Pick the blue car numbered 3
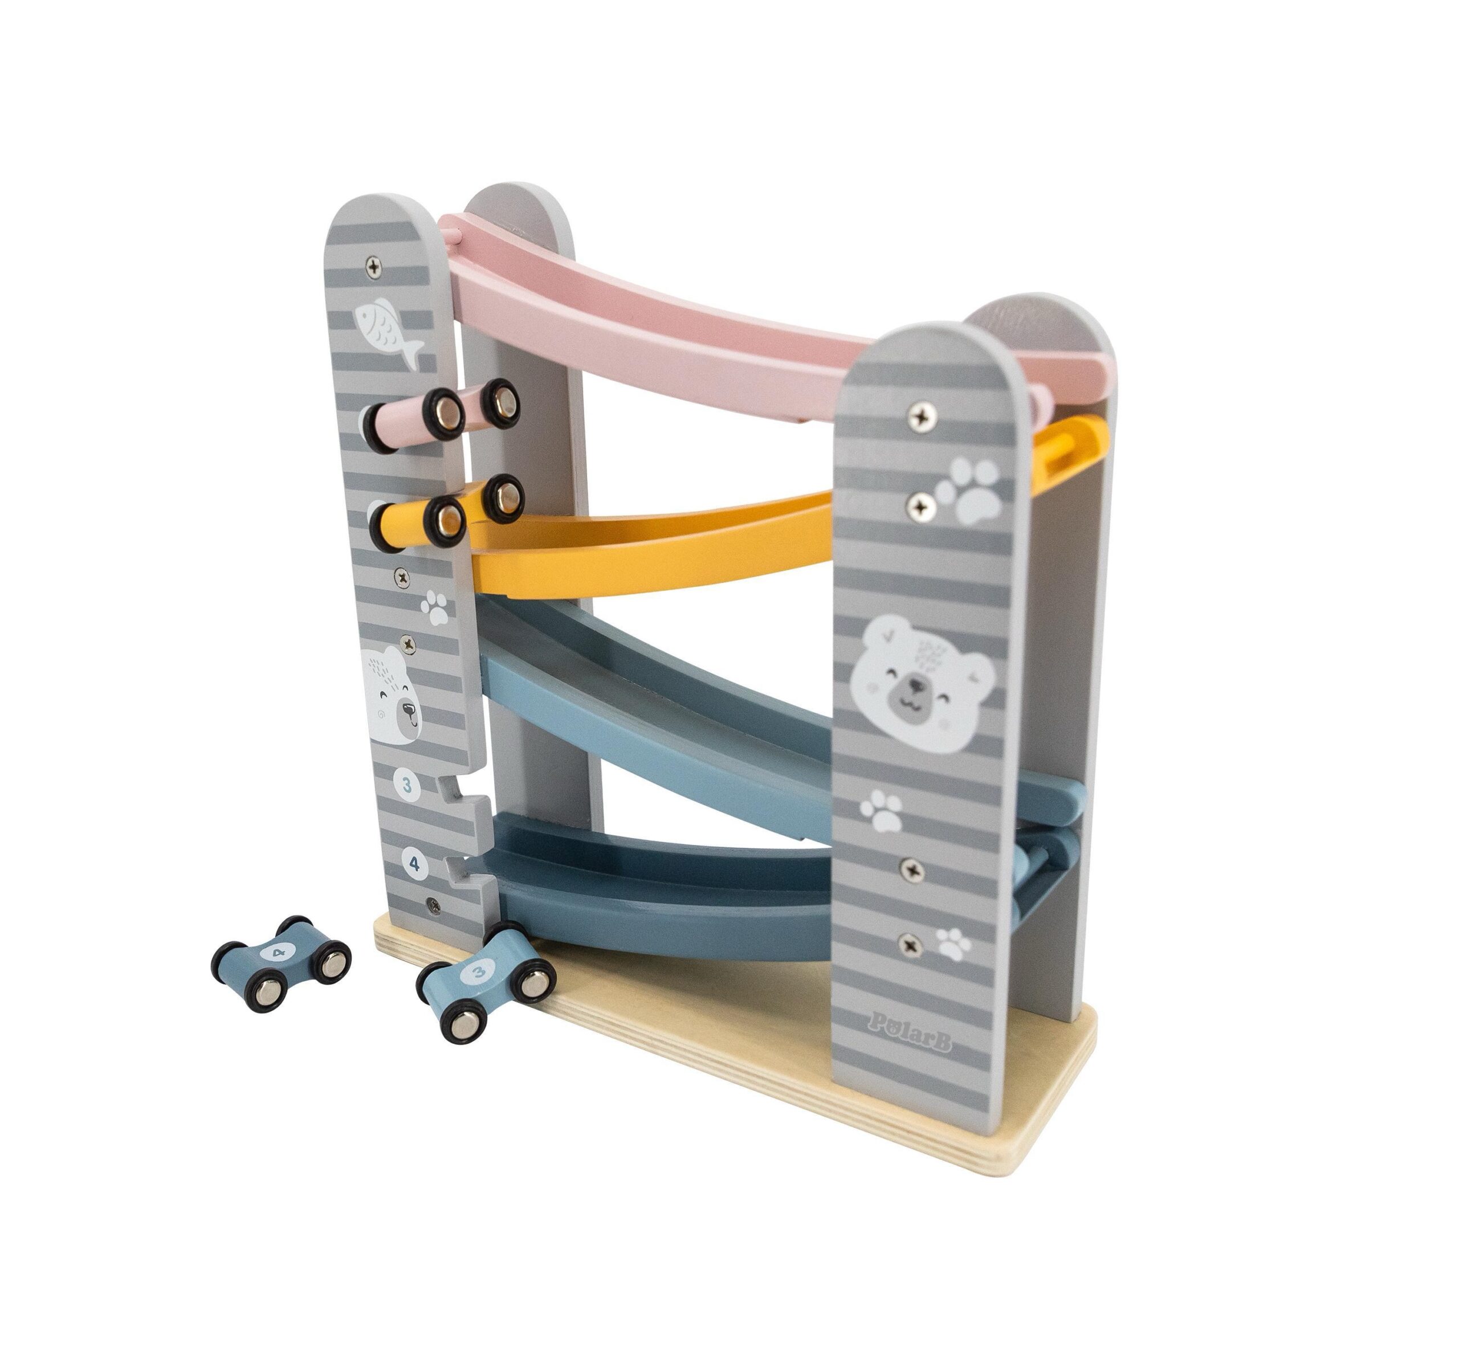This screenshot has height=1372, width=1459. [485, 982]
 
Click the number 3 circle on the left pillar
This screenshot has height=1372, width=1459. [407, 786]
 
